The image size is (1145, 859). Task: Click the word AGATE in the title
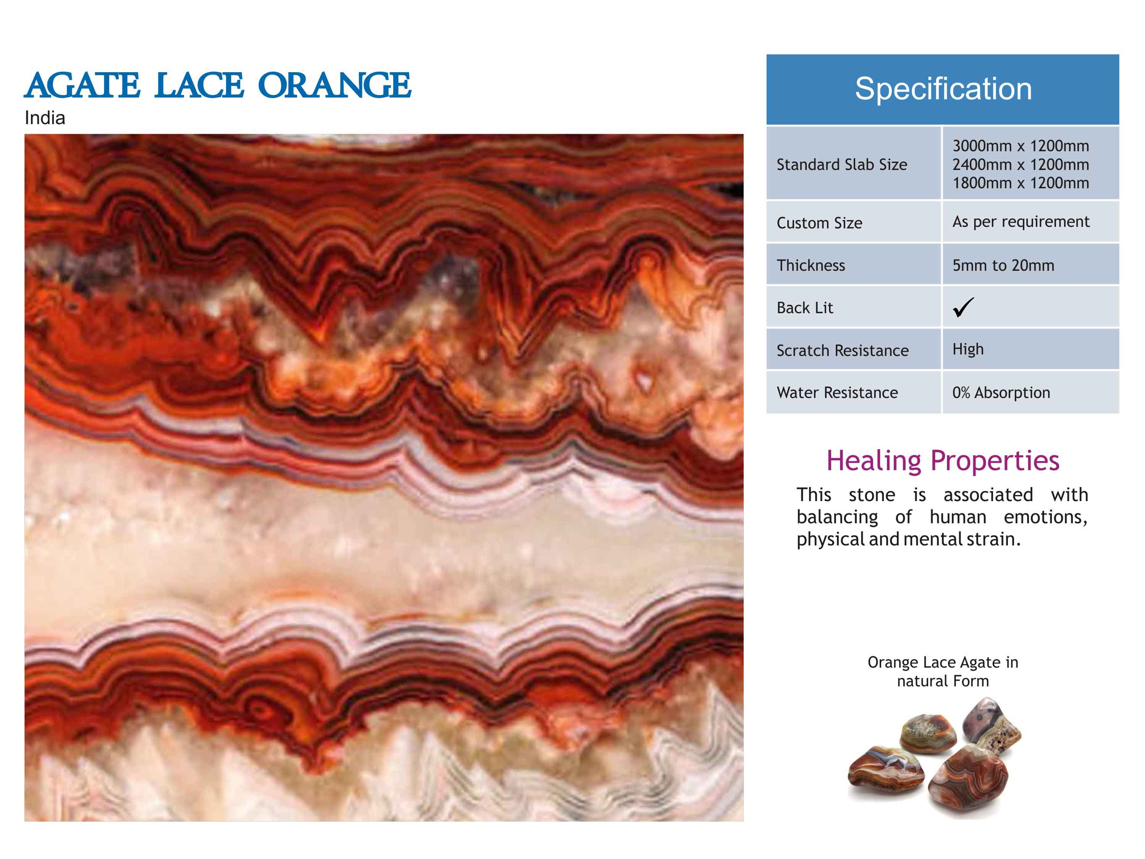pyautogui.click(x=82, y=86)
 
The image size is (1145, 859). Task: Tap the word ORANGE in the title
pyautogui.click(x=334, y=86)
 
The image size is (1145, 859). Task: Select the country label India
pyautogui.click(x=45, y=118)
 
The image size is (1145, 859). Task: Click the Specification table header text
pyautogui.click(x=943, y=89)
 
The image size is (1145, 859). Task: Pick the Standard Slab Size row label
pyautogui.click(x=842, y=165)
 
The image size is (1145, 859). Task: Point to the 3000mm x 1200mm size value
pyautogui.click(x=1021, y=146)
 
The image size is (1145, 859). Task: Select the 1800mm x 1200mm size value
pyautogui.click(x=1021, y=183)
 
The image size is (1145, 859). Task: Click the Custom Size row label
pyautogui.click(x=819, y=223)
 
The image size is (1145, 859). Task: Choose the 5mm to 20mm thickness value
pyautogui.click(x=1003, y=265)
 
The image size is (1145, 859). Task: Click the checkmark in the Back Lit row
pyautogui.click(x=963, y=307)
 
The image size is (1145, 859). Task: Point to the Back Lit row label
pyautogui.click(x=805, y=308)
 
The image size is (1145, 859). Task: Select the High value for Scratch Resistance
pyautogui.click(x=968, y=349)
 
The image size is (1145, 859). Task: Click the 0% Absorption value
pyautogui.click(x=1001, y=393)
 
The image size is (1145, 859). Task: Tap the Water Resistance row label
pyautogui.click(x=837, y=393)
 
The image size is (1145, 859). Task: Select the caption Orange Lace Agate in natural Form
pyautogui.click(x=943, y=671)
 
